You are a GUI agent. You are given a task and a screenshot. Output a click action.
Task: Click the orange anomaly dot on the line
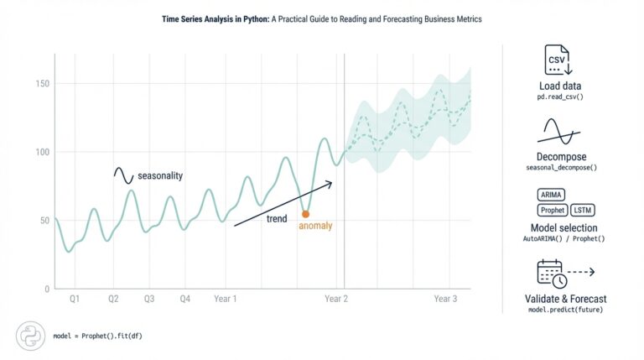tap(305, 214)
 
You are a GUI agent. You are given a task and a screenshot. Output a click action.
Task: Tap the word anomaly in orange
tap(315, 226)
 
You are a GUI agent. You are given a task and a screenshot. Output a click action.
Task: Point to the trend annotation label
tap(277, 219)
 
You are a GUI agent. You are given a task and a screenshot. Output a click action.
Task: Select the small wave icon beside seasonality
tap(124, 175)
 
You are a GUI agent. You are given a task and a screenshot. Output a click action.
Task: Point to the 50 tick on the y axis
tap(43, 221)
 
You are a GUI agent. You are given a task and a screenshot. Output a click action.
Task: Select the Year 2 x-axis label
tap(336, 299)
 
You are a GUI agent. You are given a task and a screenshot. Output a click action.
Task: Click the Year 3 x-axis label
tap(445, 299)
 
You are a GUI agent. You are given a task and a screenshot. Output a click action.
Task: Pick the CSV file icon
tap(556, 60)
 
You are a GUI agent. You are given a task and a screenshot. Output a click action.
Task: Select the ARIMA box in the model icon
tap(553, 195)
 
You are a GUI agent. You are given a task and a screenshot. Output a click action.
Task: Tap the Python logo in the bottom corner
tap(29, 335)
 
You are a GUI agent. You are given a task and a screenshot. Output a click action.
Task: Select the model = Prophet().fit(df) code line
tap(96, 336)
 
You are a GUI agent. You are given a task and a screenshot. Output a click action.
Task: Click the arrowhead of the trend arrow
tap(330, 182)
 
